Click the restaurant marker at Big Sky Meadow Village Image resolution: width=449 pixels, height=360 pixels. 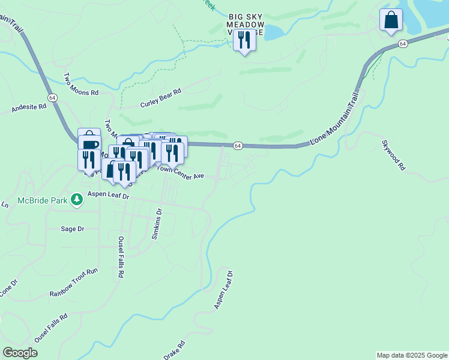(x=244, y=40)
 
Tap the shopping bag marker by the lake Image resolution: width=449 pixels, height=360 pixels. (x=391, y=20)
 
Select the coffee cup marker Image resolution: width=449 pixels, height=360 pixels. (x=89, y=145)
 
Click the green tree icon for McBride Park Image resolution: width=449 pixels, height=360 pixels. (x=76, y=199)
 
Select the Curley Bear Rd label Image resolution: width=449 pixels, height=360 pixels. (x=160, y=100)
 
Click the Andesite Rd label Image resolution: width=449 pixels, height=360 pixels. (x=29, y=108)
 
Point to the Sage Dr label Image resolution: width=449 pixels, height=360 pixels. (x=73, y=229)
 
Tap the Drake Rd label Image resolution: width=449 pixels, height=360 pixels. (x=174, y=350)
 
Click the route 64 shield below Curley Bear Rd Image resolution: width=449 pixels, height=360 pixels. (x=238, y=146)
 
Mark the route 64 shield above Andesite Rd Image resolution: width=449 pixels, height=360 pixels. (x=52, y=97)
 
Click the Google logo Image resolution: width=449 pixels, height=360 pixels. (x=20, y=353)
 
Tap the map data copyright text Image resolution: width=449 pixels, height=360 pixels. (x=412, y=355)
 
